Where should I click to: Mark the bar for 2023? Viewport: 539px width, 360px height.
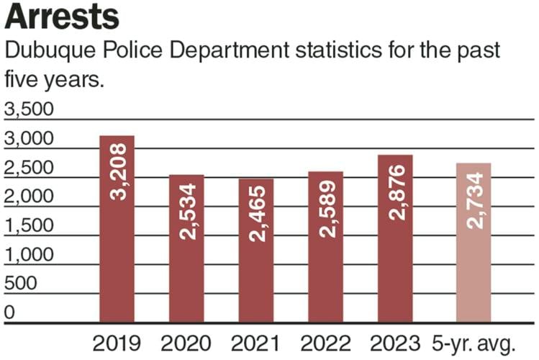coord(395,238)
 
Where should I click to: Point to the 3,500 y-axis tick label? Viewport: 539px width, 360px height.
coord(29,109)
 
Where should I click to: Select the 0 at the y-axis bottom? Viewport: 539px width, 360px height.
coord(9,312)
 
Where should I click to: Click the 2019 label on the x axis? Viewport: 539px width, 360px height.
coord(117,343)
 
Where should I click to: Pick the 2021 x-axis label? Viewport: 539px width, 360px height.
coord(256,343)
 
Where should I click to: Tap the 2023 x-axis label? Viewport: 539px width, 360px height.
coord(395,343)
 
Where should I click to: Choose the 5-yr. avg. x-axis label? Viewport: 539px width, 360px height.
coord(475,343)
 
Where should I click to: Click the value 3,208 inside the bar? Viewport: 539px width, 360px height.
coord(117,172)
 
